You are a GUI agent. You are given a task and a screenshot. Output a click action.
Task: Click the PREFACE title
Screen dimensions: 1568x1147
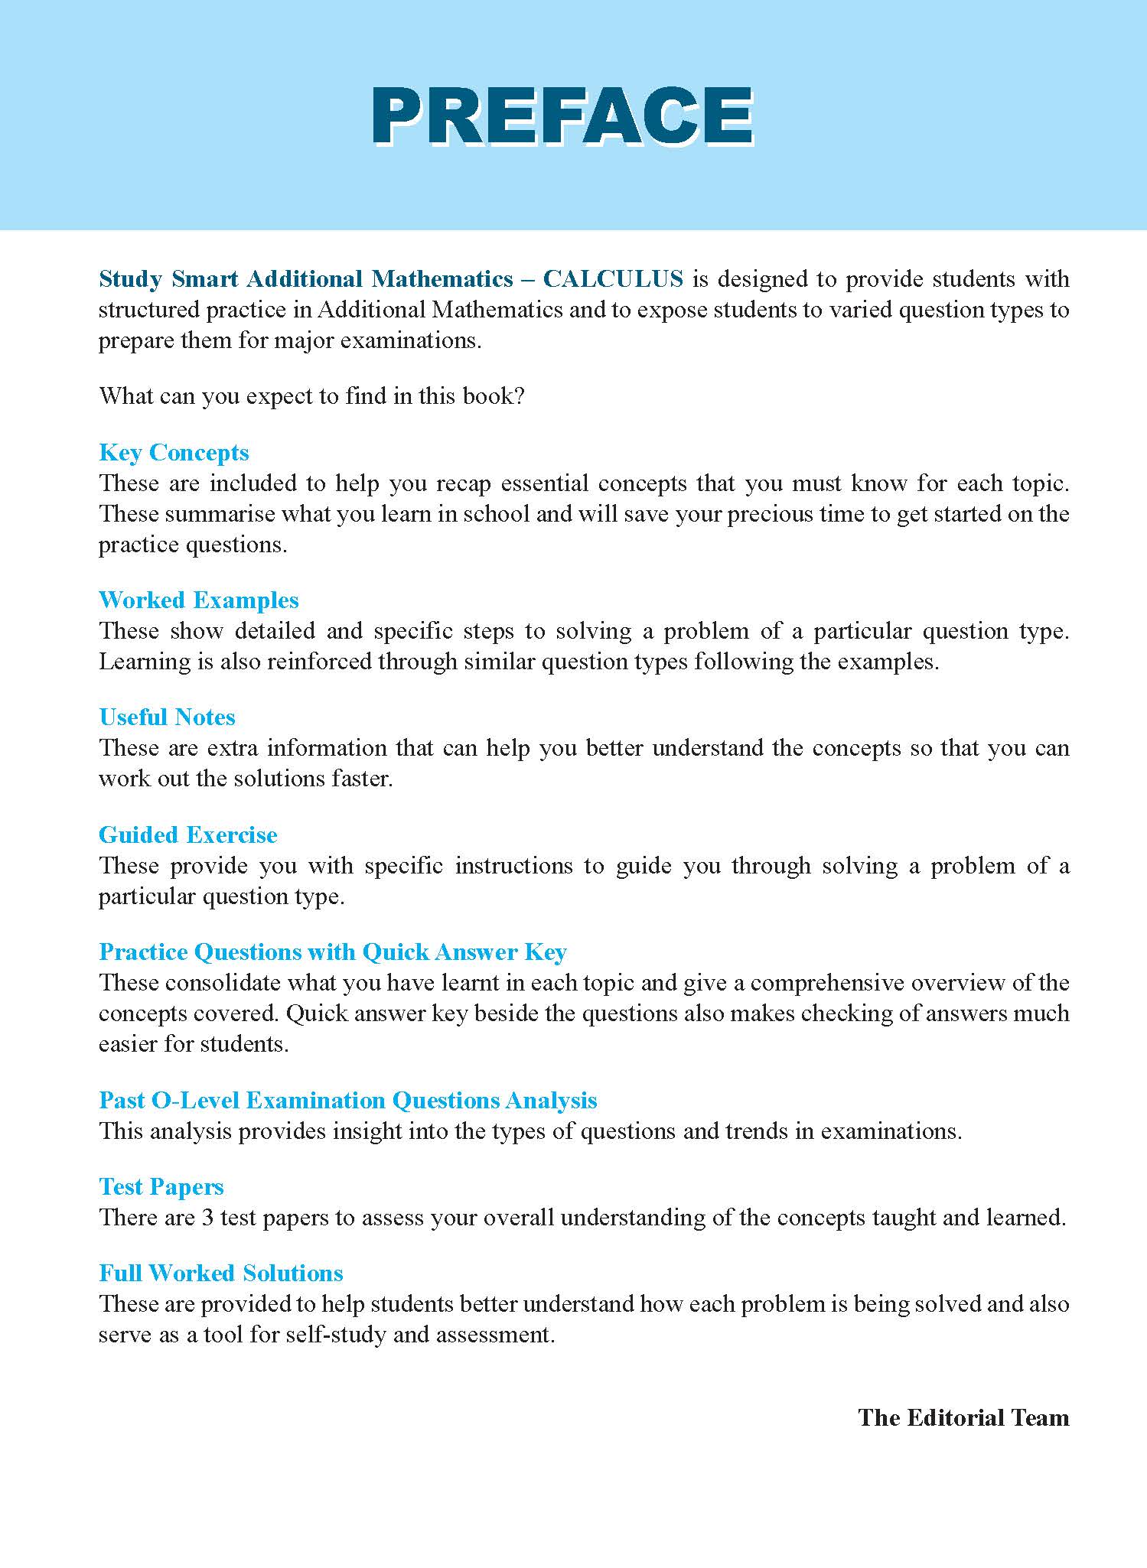pos(563,115)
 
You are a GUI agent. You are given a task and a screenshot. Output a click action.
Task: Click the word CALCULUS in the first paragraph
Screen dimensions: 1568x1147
pos(613,279)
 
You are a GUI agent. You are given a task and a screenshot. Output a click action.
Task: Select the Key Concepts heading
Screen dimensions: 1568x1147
pos(174,453)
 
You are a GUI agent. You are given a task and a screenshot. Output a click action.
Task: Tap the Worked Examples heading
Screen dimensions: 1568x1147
pos(198,600)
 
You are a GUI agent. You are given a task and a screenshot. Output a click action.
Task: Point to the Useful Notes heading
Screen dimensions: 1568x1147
pos(167,717)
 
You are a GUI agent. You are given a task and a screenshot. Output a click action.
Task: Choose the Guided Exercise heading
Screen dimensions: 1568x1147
pos(187,835)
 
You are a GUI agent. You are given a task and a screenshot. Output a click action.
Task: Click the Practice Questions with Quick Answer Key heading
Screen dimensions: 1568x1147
pos(332,952)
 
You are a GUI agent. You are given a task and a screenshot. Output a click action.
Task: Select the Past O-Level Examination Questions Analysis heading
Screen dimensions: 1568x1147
pos(347,1101)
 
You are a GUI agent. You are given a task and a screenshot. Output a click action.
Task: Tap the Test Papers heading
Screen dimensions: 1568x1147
pos(161,1187)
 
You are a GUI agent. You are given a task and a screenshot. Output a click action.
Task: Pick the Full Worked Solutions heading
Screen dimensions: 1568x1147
pos(220,1274)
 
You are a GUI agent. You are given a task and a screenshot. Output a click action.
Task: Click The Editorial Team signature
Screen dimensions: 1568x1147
pos(963,1418)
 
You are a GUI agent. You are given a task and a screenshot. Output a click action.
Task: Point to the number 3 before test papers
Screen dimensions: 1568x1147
pos(207,1218)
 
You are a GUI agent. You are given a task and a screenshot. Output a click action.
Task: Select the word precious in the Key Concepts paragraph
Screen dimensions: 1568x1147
pos(773,514)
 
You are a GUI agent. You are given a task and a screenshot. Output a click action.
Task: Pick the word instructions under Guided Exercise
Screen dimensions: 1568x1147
pos(513,866)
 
